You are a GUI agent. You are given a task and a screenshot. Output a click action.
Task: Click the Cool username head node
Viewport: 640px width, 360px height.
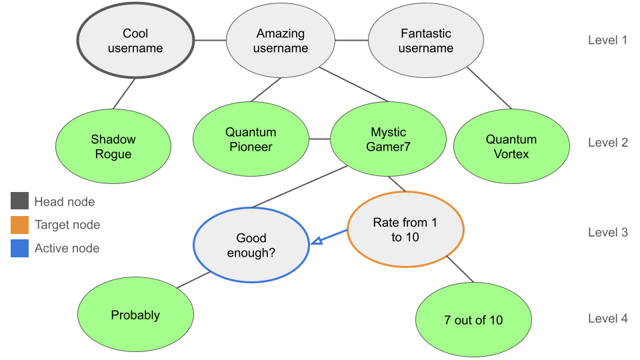[x=135, y=41]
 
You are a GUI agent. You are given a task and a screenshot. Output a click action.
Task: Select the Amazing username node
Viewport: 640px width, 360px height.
[x=281, y=41]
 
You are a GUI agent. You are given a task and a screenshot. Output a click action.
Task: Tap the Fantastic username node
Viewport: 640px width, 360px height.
[x=426, y=41]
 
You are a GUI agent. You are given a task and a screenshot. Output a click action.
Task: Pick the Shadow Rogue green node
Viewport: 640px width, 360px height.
[x=113, y=147]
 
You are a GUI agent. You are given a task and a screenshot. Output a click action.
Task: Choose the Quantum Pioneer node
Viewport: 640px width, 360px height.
[x=251, y=139]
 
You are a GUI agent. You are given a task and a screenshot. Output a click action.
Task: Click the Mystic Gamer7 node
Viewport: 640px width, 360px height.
[x=388, y=139]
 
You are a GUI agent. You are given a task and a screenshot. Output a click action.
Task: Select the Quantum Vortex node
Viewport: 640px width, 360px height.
[x=511, y=147]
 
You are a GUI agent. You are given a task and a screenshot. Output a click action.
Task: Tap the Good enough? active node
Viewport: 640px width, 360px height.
[x=251, y=245]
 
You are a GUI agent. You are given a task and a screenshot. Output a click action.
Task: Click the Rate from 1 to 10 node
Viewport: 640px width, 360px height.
[x=405, y=229]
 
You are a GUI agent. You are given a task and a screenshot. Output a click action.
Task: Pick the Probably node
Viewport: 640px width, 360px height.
[x=135, y=315]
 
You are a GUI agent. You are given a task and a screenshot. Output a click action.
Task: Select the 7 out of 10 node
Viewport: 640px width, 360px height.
[x=473, y=320]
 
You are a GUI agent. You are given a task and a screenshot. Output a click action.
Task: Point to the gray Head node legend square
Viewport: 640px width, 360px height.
[x=19, y=201]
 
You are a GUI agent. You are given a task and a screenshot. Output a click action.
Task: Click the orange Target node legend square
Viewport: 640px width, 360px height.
[x=19, y=225]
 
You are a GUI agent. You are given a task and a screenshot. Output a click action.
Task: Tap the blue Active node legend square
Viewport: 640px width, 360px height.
[x=19, y=248]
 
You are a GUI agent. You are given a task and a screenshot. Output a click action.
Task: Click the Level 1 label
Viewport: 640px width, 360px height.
[x=607, y=40]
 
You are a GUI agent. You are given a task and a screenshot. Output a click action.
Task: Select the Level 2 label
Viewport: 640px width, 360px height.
[x=607, y=143]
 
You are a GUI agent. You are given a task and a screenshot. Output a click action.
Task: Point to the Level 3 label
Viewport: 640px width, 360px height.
[x=607, y=233]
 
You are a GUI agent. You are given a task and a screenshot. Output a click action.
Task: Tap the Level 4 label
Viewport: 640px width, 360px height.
[x=607, y=319]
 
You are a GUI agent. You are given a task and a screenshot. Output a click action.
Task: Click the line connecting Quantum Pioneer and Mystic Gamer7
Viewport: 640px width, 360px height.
[x=319, y=139]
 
